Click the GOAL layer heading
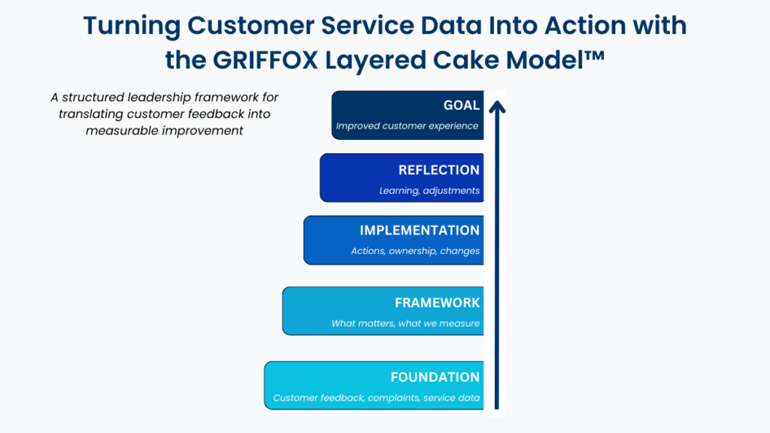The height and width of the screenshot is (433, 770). (461, 105)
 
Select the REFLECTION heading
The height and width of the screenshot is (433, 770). (438, 170)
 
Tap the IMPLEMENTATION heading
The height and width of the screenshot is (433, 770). (419, 230)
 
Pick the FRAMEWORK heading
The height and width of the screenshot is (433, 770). (437, 302)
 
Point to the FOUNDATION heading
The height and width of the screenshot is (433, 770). (435, 377)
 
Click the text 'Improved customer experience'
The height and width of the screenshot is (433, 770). (407, 126)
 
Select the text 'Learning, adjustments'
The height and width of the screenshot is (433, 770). (429, 191)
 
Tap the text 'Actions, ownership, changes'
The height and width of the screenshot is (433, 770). (415, 251)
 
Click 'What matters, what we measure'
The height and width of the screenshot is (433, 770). (405, 323)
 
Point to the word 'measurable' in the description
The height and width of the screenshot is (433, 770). (122, 131)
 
